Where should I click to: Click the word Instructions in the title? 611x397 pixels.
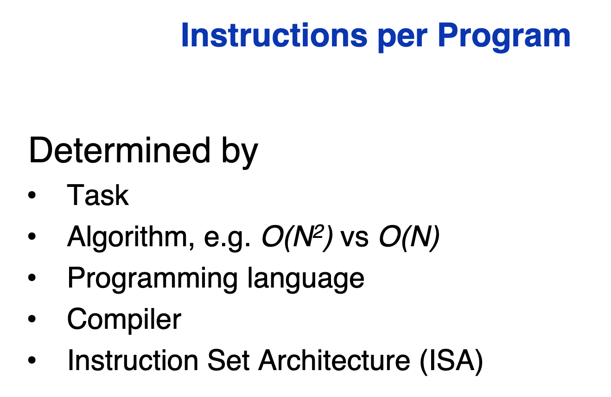[274, 35]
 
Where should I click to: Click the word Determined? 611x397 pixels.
[120, 151]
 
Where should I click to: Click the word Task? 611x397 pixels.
[98, 195]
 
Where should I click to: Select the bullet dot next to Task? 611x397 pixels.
[32, 195]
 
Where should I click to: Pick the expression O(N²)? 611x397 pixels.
[297, 237]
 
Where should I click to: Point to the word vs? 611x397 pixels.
[355, 239]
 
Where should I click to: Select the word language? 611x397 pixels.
[305, 279]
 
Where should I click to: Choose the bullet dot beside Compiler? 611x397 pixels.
[32, 319]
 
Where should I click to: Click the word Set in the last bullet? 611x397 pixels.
[228, 360]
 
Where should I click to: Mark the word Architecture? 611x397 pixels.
[334, 360]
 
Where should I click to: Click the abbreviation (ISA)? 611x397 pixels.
[452, 361]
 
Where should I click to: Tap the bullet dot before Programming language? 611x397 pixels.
[32, 277]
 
